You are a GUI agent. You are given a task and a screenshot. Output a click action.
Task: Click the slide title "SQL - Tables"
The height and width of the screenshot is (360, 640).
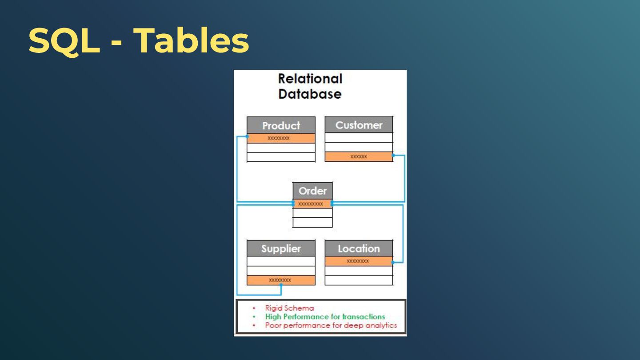(x=138, y=41)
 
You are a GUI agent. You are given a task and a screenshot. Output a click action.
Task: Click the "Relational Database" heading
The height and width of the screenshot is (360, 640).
(x=310, y=86)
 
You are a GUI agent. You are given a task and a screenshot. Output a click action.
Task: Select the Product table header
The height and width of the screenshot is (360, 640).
(x=281, y=125)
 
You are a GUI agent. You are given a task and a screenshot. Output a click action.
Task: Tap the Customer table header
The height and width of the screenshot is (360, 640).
(x=359, y=125)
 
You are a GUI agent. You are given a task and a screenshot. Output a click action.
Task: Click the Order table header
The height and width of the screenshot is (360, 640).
(x=312, y=191)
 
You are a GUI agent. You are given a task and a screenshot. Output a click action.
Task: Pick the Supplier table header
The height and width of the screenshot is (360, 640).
(x=281, y=248)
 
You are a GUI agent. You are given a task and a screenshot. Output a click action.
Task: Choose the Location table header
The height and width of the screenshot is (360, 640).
(x=359, y=248)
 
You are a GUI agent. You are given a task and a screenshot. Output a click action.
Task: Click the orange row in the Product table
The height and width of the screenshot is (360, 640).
(x=281, y=138)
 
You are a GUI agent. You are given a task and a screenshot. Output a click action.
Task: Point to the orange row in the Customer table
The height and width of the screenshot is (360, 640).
(x=359, y=156)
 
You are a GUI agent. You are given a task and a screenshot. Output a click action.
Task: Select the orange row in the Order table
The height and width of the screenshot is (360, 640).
(x=312, y=204)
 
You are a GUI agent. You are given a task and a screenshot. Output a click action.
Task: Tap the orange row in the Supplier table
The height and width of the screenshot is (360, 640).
(x=281, y=280)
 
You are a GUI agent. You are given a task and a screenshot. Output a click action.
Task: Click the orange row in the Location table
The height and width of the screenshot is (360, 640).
(x=359, y=261)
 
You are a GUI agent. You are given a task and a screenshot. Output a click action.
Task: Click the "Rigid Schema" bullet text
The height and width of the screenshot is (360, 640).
(x=289, y=308)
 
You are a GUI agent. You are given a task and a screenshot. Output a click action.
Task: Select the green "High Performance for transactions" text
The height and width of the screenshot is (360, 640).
(x=325, y=316)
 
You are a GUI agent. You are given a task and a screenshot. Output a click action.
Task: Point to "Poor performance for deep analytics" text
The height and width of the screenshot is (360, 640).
(x=331, y=325)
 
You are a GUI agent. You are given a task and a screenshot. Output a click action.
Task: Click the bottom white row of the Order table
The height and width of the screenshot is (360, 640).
(x=312, y=222)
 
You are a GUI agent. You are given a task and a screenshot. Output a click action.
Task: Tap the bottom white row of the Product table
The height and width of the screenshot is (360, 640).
(x=281, y=157)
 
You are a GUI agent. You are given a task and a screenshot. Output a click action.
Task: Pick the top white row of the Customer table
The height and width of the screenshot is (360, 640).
(x=359, y=137)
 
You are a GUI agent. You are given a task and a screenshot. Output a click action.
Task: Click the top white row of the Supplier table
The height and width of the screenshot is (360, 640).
(x=281, y=261)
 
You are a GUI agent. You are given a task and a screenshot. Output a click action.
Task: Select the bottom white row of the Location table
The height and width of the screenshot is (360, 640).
(x=359, y=280)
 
